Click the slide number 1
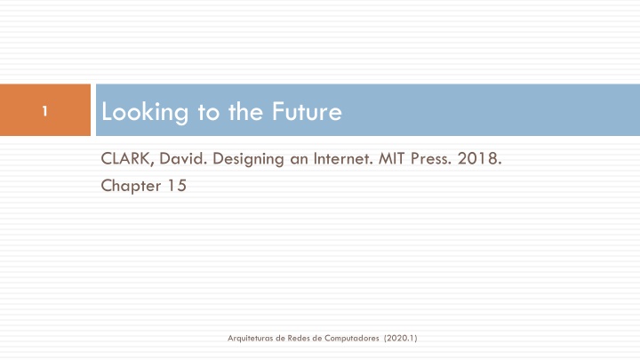click(45, 111)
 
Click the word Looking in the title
click(145, 112)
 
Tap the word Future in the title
click(307, 111)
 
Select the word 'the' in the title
click(245, 111)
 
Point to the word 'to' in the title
click(209, 112)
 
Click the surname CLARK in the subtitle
click(127, 158)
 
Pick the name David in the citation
click(183, 158)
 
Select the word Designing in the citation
click(248, 159)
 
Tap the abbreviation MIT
click(391, 158)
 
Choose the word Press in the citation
click(430, 158)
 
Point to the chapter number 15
click(177, 186)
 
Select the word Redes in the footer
click(299, 338)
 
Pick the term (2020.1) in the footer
click(400, 338)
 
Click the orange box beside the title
click(45, 110)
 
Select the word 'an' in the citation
click(299, 160)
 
